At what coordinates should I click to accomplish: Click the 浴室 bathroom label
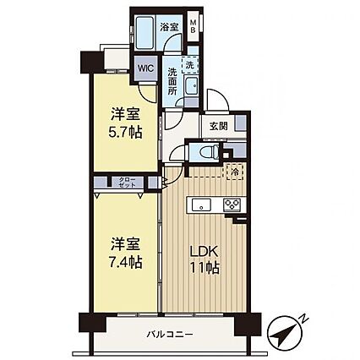point(169,27)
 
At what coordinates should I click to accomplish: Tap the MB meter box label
point(194,26)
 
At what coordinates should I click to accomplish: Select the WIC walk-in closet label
point(145,68)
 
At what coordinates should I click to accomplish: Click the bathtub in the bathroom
point(144,33)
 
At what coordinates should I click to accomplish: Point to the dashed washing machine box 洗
point(190,65)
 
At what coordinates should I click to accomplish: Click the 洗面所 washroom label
point(172,81)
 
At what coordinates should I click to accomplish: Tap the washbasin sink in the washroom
point(191,85)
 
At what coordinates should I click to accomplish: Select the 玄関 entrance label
point(218,126)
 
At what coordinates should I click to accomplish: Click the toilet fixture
point(208,152)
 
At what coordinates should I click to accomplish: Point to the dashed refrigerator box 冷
point(234,172)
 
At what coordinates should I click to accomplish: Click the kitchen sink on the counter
point(201,205)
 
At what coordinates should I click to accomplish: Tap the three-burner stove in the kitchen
point(232,205)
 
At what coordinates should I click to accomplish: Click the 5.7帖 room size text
point(125,132)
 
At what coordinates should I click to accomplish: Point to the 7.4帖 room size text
point(125,262)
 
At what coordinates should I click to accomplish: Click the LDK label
point(205,251)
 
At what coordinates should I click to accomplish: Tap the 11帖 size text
point(205,267)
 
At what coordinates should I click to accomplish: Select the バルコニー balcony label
point(170,335)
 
